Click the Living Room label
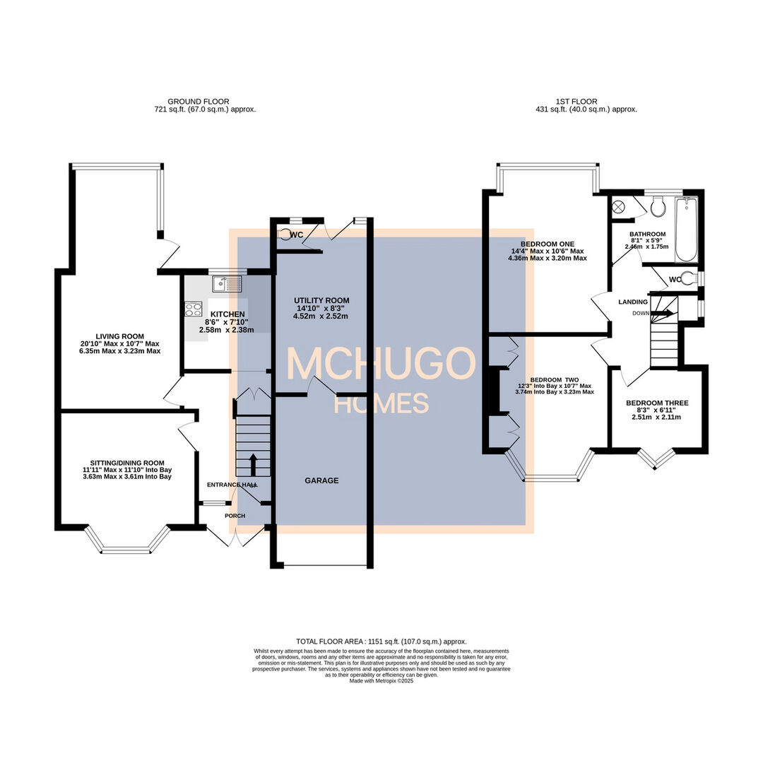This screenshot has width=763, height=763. (x=120, y=336)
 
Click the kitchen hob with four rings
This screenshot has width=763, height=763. (x=193, y=309)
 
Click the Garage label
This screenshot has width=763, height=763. (x=321, y=480)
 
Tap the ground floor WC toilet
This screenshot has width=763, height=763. (x=285, y=235)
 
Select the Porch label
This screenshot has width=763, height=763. (x=235, y=516)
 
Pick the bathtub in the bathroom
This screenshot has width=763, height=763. (x=686, y=230)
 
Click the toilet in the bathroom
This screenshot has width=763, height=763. (x=658, y=207)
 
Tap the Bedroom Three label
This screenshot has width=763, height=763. (x=657, y=403)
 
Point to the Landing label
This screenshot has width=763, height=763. (x=632, y=302)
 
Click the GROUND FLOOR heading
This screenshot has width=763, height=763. (x=199, y=102)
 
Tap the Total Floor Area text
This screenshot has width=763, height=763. (x=381, y=641)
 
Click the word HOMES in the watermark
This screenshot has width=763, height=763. (x=381, y=403)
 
